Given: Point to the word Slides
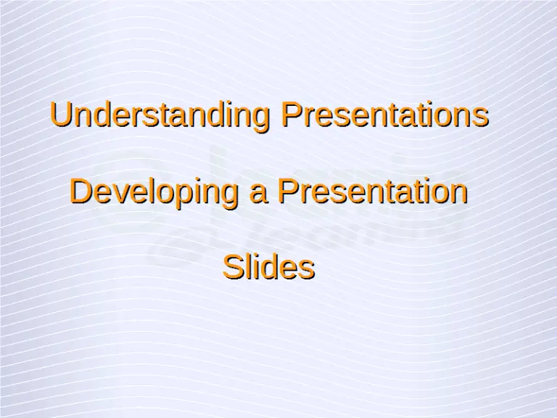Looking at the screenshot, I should [268, 268].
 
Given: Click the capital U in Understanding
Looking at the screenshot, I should [60, 115].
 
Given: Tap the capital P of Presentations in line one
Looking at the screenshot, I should [292, 115].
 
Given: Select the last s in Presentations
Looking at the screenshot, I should [480, 118].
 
